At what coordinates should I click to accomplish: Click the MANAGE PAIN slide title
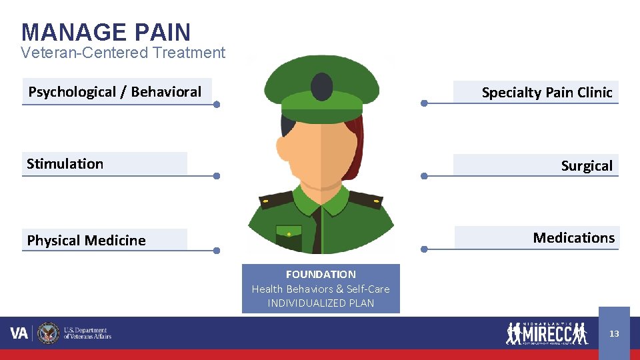pos(106,32)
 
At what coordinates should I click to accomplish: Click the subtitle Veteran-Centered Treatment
pos(123,53)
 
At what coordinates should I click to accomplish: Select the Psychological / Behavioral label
pos(115,92)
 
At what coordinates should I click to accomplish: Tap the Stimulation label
pos(65,164)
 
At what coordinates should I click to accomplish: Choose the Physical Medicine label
pos(86,241)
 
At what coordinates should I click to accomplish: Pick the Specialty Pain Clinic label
pos(547,93)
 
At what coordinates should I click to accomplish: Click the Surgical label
pos(587,166)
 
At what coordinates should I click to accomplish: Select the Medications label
pos(573,238)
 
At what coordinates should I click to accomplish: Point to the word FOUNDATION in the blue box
pos(321,274)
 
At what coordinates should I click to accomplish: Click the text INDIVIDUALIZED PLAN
pos(321,303)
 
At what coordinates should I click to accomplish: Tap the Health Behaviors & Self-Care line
pos(321,289)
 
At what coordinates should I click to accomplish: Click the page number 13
pos(614,333)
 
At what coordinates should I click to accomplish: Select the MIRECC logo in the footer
pos(547,333)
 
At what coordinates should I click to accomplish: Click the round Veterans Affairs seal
pos(48,333)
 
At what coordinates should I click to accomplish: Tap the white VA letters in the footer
pos(19,333)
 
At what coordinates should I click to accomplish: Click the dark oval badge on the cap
pos(322,85)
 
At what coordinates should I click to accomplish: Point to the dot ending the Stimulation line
pos(217,177)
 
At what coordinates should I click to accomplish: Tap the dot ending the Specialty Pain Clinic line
pos(424,103)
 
